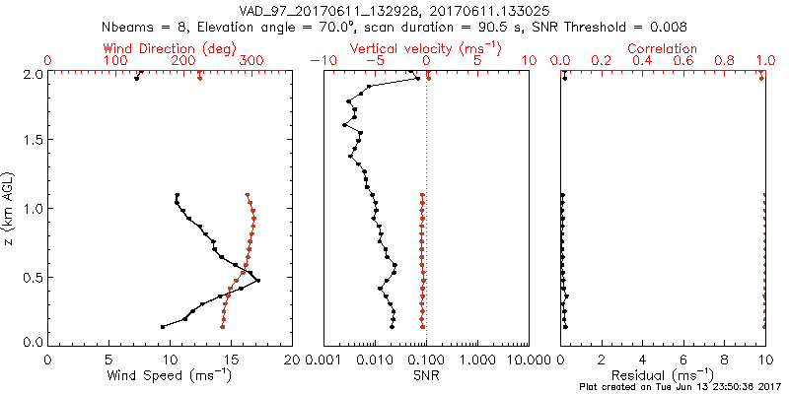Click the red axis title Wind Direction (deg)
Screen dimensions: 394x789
tap(170, 48)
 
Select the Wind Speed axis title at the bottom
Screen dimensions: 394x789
tap(170, 375)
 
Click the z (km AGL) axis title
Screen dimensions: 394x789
tap(10, 207)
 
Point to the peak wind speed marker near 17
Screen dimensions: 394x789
tap(258, 281)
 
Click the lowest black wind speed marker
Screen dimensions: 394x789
tap(163, 326)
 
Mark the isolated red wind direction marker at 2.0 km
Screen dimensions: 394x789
tap(200, 77)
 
